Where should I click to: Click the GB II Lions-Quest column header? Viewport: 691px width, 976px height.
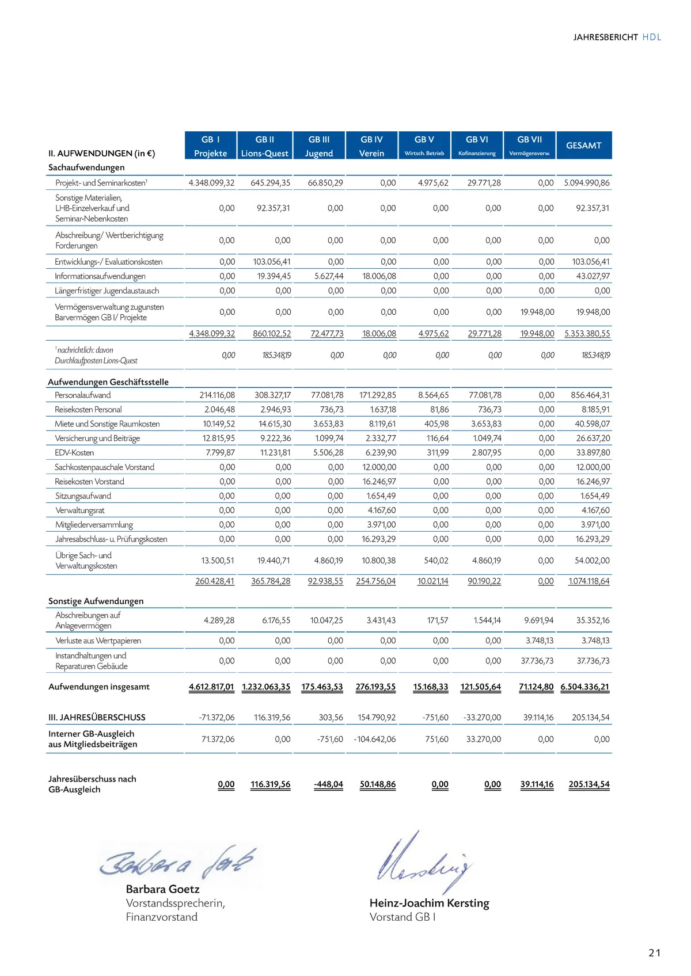265,146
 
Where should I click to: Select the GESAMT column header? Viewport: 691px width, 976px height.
583,146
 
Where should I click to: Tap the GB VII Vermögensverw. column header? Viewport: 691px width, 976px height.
530,146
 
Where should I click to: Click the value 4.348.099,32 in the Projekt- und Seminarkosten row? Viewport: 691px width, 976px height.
211,183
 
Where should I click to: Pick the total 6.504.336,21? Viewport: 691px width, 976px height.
584,687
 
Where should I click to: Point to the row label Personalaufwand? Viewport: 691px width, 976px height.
82,395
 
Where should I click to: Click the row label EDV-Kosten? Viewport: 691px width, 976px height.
74,453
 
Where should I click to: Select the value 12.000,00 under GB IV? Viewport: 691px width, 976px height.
379,467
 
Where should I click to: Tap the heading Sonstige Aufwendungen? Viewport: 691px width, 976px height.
96,601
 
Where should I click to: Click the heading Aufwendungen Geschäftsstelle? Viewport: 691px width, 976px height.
108,382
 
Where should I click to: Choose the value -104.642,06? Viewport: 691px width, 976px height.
375,739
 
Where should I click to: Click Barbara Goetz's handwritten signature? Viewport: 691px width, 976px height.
177,862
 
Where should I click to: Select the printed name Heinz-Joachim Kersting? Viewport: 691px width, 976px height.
429,903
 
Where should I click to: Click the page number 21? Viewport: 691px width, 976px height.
654,952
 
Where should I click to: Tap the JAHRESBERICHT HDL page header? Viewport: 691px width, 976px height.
617,37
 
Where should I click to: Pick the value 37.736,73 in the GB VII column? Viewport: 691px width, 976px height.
537,661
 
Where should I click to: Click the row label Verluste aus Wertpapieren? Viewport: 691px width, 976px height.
98,640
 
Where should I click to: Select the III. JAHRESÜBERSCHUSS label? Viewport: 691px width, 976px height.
97,718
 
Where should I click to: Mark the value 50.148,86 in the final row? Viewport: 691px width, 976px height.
377,784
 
